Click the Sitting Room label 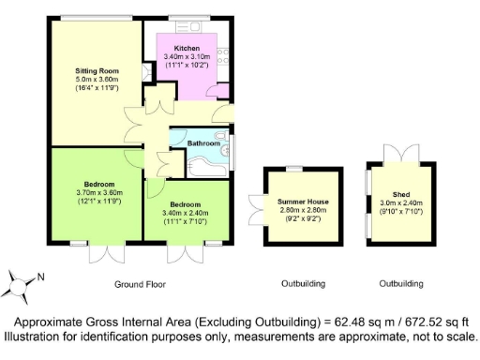pos(97,70)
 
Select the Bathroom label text pos(203,143)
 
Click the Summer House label pos(301,202)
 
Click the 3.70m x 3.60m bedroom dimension pos(98,192)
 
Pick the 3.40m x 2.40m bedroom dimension pos(190,213)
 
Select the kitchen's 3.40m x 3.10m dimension pos(187,56)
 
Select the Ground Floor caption pos(139,283)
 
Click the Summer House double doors pos(256,207)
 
